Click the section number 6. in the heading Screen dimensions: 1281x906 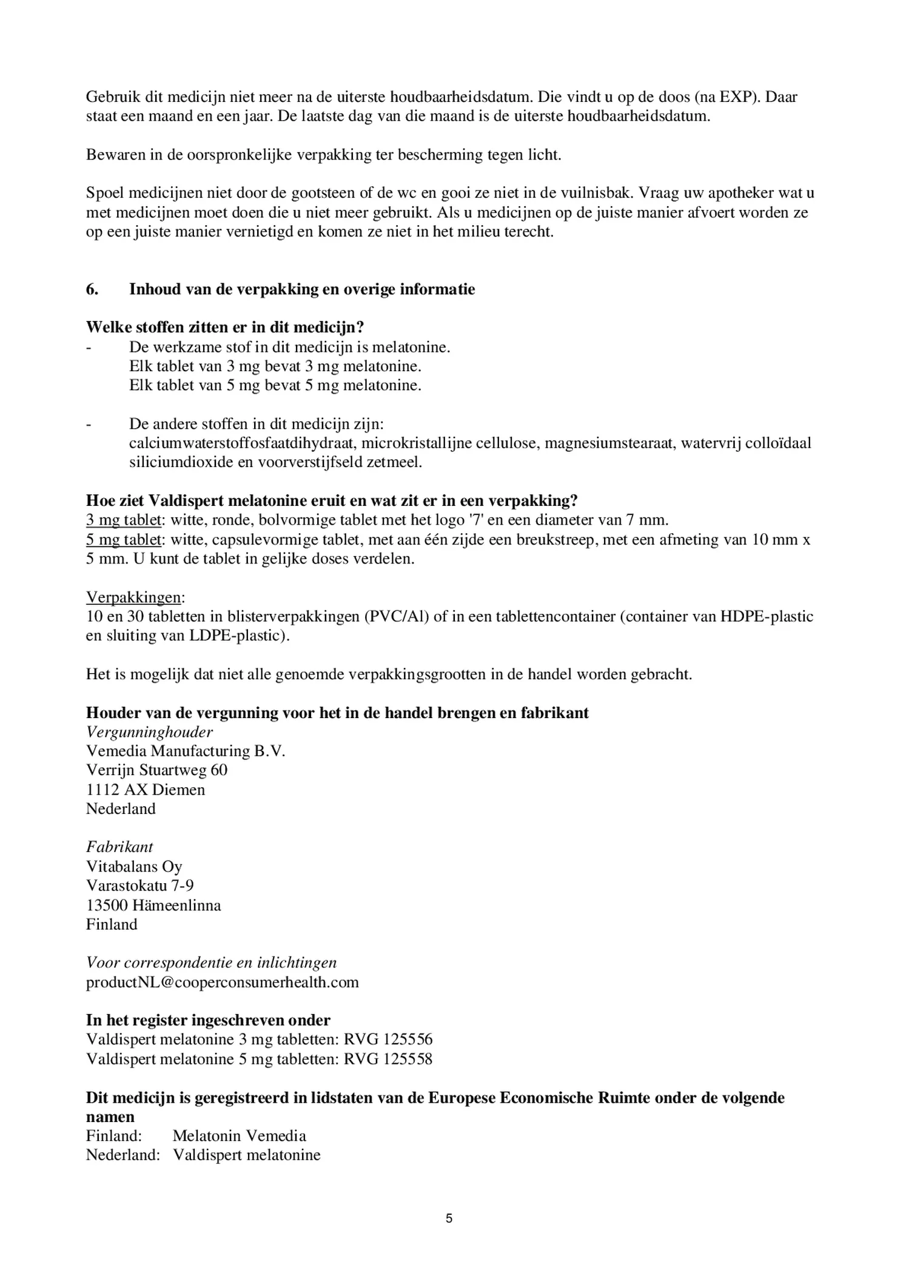(x=92, y=289)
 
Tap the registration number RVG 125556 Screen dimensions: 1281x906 (x=388, y=1040)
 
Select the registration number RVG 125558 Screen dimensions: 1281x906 (x=388, y=1059)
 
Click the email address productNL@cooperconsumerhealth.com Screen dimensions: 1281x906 (x=222, y=982)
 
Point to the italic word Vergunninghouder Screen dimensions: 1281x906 (x=149, y=732)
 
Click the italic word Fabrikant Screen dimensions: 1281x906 (x=119, y=847)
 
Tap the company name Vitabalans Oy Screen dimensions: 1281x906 (x=134, y=867)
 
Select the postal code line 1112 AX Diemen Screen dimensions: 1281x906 (x=146, y=790)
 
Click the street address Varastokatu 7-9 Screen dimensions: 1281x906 (x=140, y=886)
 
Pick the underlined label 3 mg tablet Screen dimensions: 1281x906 (x=124, y=520)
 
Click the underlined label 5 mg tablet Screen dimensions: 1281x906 (x=124, y=540)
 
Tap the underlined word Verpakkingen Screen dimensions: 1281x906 (x=133, y=597)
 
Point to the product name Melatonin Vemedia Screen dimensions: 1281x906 (x=239, y=1136)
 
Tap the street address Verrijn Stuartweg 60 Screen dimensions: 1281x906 (x=156, y=770)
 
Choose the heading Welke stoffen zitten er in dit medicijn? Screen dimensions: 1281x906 (x=225, y=328)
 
